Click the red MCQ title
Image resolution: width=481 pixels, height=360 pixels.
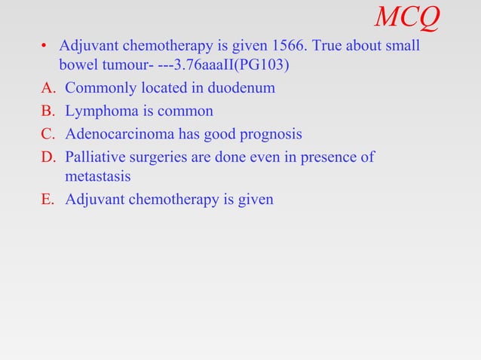[407, 17]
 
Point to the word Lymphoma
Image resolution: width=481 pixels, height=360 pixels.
[97, 111]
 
